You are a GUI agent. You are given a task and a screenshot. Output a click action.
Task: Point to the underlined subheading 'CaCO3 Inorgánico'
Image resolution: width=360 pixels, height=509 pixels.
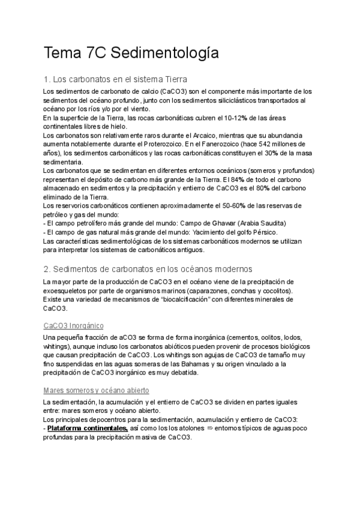[x=74, y=325]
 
